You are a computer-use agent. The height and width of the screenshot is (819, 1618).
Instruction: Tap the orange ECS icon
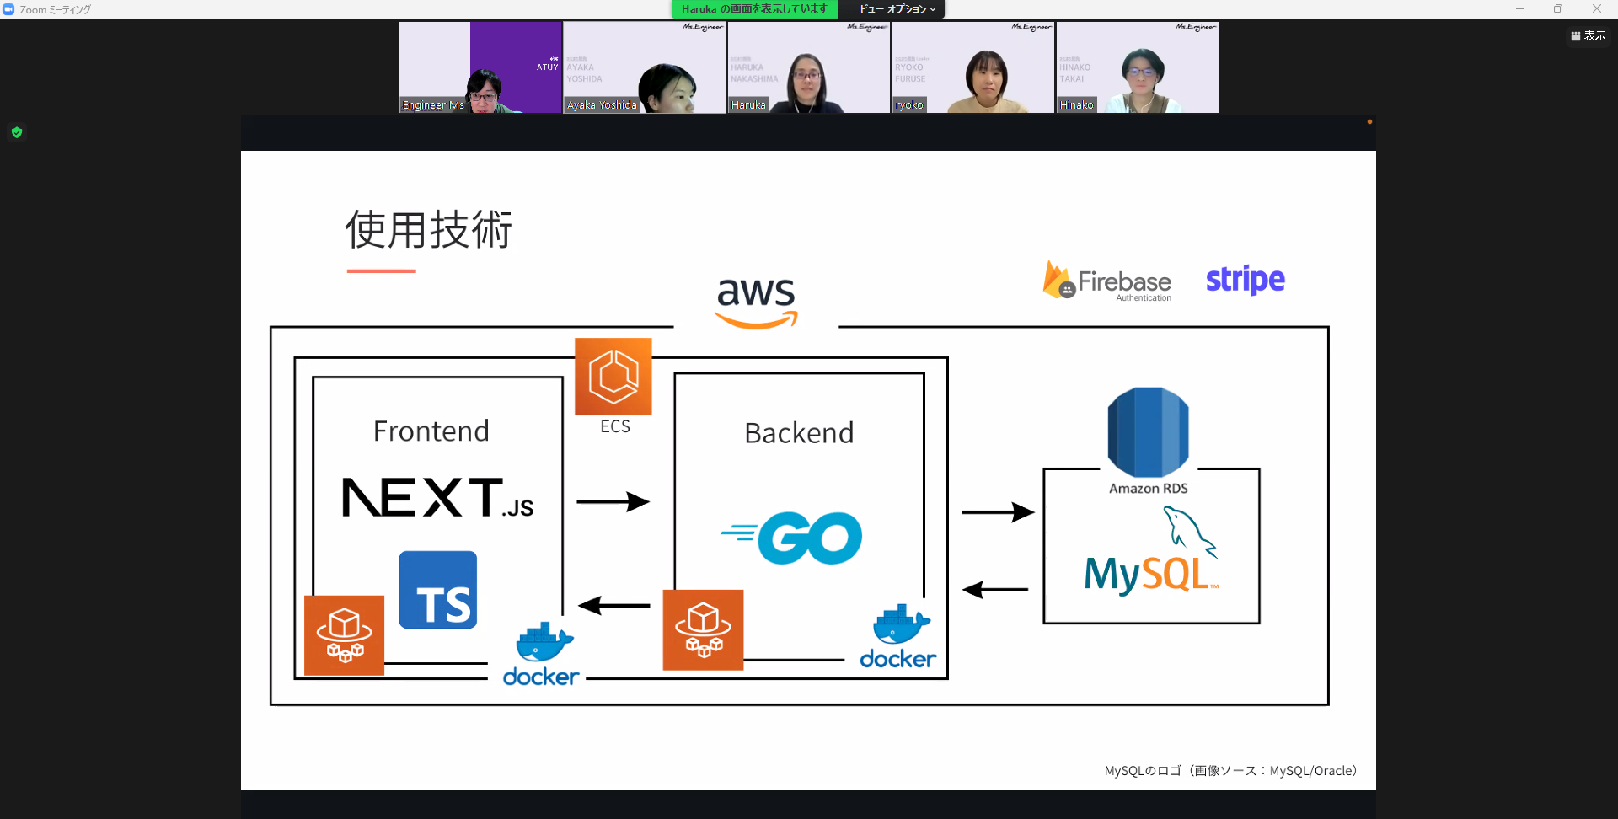[x=613, y=377]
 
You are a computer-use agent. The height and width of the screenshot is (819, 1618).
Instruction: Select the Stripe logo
[x=1245, y=280]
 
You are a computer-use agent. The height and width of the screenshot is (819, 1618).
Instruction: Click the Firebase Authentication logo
[x=1107, y=281]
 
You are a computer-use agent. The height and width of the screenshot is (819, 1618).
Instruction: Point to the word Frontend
[x=431, y=431]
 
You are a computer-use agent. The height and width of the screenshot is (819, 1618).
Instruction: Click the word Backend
[x=799, y=433]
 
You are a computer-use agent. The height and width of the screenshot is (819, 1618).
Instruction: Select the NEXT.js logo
[x=437, y=497]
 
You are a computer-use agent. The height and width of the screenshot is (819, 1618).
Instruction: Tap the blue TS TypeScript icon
[x=438, y=590]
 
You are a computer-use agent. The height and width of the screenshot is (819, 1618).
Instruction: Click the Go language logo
[x=792, y=538]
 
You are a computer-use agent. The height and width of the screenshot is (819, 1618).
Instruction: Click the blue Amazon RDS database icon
[x=1148, y=432]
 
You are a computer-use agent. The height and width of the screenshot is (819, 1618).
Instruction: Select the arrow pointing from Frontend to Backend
[x=613, y=502]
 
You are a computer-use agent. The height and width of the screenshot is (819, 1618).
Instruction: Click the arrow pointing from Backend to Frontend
[x=613, y=605]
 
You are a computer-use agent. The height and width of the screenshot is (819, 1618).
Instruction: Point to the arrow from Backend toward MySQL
[x=998, y=512]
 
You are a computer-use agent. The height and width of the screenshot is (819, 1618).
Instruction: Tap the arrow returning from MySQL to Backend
[x=995, y=590]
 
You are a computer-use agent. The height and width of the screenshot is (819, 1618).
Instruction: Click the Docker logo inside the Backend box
[x=898, y=638]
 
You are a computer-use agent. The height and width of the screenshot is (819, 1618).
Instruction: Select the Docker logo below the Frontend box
[x=541, y=656]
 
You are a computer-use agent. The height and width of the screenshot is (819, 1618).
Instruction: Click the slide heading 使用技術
[x=429, y=230]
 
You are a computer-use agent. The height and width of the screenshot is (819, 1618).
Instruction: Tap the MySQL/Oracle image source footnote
[x=1230, y=771]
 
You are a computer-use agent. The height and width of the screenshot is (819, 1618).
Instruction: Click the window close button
[x=1596, y=9]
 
